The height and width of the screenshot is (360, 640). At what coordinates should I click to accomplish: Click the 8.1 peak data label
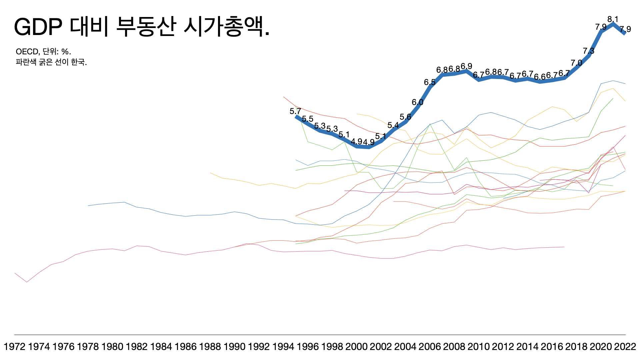(x=613, y=19)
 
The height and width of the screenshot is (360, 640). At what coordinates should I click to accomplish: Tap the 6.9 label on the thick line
(x=466, y=66)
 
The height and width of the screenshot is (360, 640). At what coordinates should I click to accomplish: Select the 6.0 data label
(x=417, y=102)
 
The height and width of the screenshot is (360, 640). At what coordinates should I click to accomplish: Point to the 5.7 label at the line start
(x=295, y=111)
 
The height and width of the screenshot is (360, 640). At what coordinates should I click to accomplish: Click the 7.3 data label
(x=589, y=51)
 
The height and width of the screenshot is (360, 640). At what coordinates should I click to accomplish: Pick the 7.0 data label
(x=576, y=63)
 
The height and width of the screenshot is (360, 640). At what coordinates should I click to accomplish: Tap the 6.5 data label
(x=430, y=82)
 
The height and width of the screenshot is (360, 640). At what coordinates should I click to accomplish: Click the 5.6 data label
(x=405, y=117)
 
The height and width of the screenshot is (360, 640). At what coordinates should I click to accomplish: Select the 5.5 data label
(x=308, y=119)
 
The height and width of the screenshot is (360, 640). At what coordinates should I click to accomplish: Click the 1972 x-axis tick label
(x=15, y=347)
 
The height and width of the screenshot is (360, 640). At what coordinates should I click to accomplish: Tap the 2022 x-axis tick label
(x=625, y=347)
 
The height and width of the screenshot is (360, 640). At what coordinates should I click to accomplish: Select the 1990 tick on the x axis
(x=234, y=347)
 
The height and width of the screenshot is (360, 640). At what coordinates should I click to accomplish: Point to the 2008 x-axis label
(x=454, y=347)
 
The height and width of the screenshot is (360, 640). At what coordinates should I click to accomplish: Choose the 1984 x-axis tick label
(x=161, y=347)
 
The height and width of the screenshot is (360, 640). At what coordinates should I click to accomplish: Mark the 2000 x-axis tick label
(x=356, y=347)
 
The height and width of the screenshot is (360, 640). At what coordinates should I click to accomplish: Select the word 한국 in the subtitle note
(x=78, y=62)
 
